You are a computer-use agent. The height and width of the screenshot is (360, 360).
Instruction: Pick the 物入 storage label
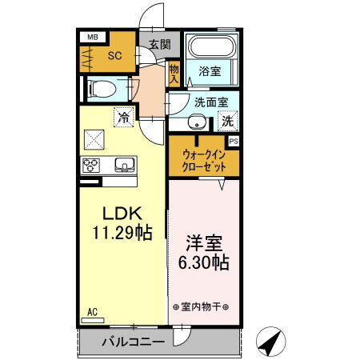click(174, 75)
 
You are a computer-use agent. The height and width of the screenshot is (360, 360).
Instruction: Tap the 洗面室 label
click(210, 102)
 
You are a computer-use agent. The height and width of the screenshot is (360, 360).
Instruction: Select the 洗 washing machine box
click(227, 122)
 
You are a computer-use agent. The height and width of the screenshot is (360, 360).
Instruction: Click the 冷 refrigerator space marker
click(123, 118)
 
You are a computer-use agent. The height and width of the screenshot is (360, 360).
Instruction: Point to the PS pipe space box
click(234, 142)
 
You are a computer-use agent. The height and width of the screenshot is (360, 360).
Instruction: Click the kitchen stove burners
click(90, 166)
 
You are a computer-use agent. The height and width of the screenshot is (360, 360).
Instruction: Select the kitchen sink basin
click(124, 166)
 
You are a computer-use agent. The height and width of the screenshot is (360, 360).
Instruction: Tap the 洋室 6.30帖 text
click(203, 252)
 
